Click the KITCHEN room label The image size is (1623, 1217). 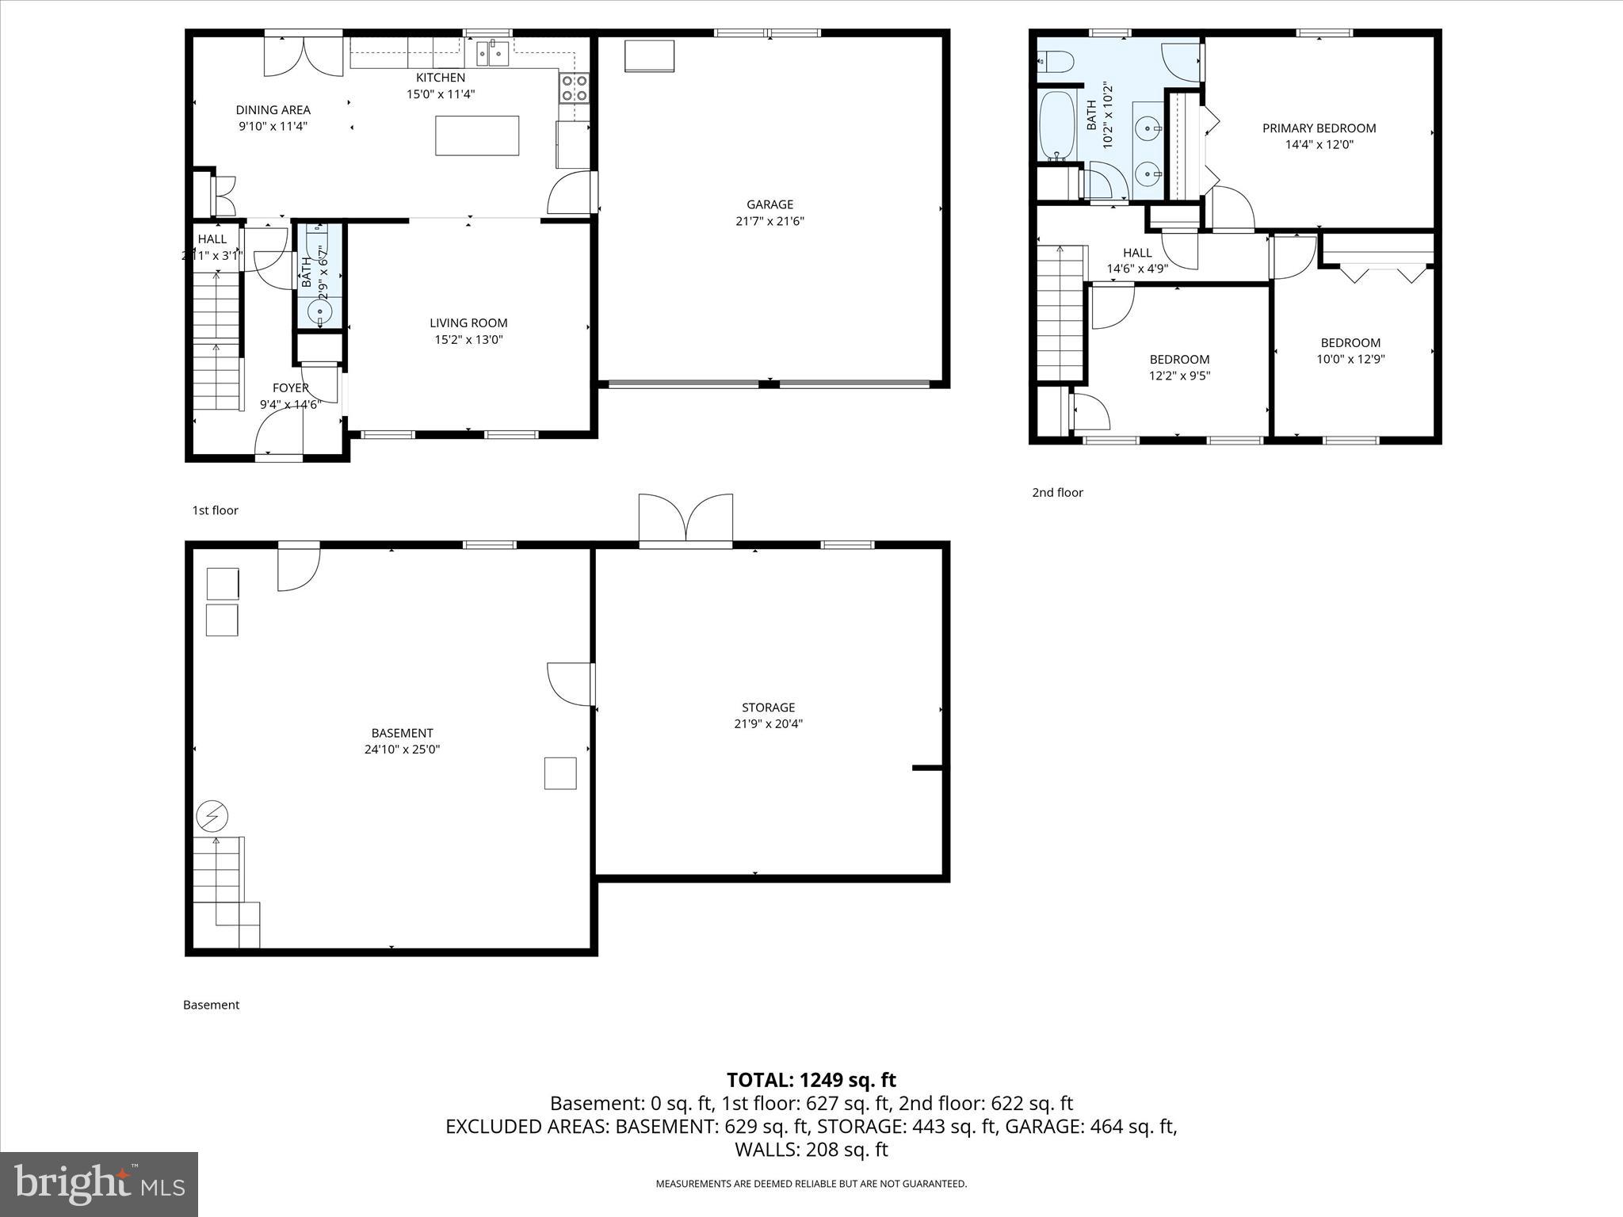441,78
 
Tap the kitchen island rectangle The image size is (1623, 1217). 477,135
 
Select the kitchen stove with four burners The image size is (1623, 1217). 575,87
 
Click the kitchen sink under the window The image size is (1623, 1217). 492,54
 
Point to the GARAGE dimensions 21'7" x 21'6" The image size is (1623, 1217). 769,222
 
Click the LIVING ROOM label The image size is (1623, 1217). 468,322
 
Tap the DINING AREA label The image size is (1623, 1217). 273,110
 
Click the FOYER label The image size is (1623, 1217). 290,387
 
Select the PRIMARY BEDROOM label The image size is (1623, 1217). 1319,128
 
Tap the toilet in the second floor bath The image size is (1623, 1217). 1054,60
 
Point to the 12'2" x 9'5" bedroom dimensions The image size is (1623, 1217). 1179,376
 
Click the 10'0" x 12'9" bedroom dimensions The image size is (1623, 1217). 1350,359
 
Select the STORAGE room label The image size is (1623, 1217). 768,708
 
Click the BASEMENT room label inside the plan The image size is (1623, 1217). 402,733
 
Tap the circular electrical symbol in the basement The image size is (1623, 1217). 212,815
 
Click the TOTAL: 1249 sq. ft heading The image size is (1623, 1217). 811,1080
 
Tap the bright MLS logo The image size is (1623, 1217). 99,1185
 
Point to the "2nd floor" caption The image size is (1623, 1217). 1057,492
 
